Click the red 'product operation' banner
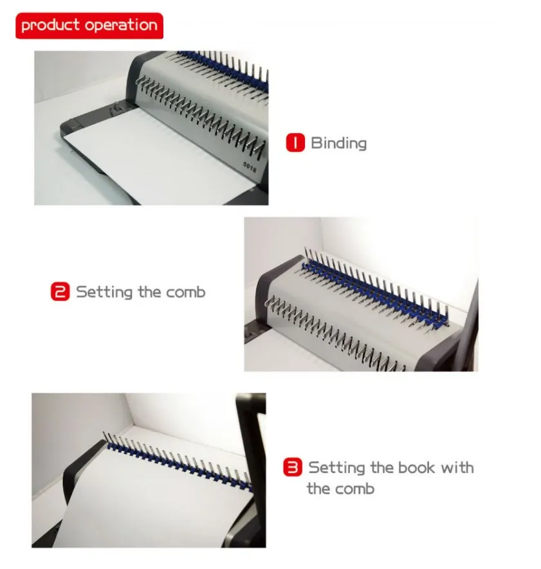[89, 26]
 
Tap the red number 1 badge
[295, 143]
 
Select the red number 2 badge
[59, 293]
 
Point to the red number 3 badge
[293, 467]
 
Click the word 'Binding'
[338, 143]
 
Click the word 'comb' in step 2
[186, 293]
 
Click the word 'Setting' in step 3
[337, 467]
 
